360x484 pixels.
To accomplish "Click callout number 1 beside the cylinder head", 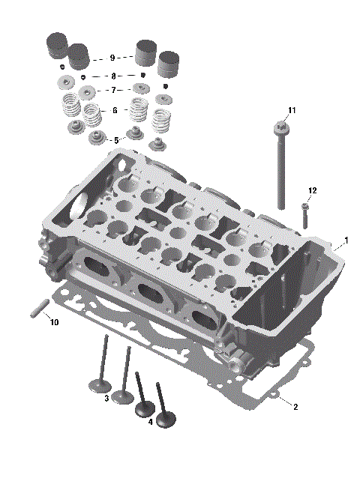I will [x=346, y=241].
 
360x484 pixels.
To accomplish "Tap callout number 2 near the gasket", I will [x=295, y=407].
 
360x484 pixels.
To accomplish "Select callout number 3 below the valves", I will [x=107, y=398].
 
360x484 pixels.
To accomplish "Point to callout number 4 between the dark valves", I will [x=151, y=422].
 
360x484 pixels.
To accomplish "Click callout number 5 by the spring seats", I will [x=115, y=140].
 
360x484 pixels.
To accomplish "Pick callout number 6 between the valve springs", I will [x=115, y=110].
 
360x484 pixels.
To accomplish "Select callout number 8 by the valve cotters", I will [x=113, y=76].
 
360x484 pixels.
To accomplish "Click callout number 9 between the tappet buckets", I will [x=112, y=58].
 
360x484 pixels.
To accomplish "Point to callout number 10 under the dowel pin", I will [x=53, y=322].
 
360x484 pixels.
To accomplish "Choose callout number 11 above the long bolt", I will [x=292, y=110].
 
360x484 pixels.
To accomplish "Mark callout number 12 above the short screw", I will [x=312, y=191].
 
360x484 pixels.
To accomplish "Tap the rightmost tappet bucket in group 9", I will [x=169, y=63].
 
